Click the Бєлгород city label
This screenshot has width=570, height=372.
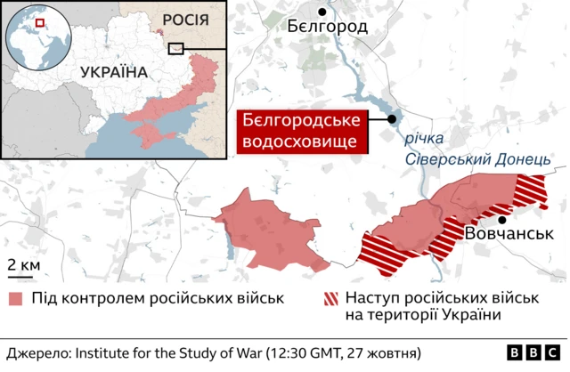coord(327,27)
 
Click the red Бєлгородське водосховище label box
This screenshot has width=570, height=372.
coord(304,132)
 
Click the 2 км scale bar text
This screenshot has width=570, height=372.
coord(24,266)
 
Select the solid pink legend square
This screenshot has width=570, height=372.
coord(16,298)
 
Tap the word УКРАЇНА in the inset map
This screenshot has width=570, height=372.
coord(113,72)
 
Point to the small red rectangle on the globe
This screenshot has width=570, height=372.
coord(39,22)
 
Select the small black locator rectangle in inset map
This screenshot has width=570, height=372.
coord(176,48)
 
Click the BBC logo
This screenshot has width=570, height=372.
coord(533,352)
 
